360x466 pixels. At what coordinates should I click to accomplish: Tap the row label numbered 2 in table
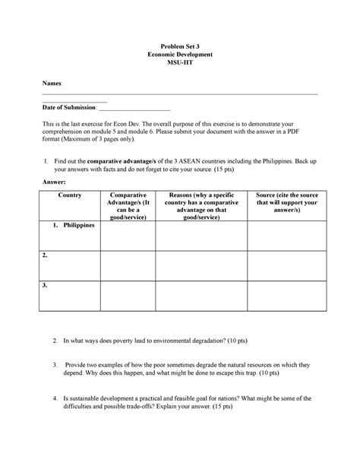pos(46,255)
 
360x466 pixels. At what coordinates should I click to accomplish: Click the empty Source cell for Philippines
pos(281,236)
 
